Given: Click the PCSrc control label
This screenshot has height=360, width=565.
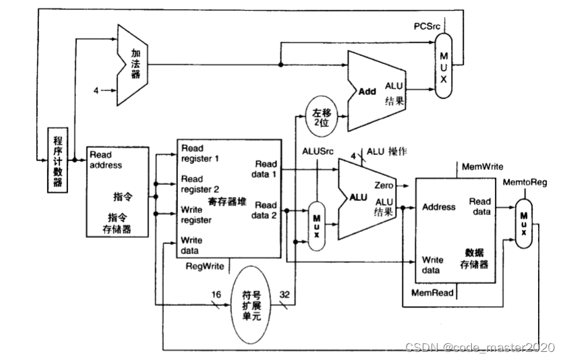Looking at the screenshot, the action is tap(427, 26).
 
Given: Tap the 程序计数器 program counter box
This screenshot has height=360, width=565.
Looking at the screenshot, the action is tap(58, 160).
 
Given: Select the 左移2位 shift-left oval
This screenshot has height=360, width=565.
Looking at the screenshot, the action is tap(322, 117).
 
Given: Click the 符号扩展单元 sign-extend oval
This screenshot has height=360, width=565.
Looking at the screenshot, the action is tap(251, 305).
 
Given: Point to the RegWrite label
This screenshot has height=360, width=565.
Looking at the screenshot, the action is tap(205, 266).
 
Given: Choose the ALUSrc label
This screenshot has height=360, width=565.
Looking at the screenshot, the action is tap(318, 152).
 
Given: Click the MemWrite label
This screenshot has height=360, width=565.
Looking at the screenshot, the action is tap(483, 167).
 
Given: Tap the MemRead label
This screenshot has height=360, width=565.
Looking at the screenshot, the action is tap(432, 293).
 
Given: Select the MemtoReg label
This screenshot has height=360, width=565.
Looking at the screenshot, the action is tap(525, 183).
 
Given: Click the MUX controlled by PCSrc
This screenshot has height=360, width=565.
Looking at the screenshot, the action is tap(444, 66).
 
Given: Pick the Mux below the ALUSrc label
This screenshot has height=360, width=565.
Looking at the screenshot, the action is tap(317, 227).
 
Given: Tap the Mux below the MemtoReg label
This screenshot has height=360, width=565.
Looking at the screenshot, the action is tap(524, 223).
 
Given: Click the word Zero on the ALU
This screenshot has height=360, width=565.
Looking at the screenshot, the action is tap(384, 185).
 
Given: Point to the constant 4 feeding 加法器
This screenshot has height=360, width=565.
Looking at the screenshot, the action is tap(96, 90).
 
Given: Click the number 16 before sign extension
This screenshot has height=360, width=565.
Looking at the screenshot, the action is tap(216, 295).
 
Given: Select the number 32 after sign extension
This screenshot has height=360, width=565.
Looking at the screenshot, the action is tap(285, 295).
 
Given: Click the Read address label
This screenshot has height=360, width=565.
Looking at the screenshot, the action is tap(106, 160).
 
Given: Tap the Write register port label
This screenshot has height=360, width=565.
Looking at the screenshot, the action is tap(196, 215).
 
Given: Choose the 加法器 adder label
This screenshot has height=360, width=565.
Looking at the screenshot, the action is tap(136, 64).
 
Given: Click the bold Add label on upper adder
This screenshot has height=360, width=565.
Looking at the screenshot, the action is tap(367, 92).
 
